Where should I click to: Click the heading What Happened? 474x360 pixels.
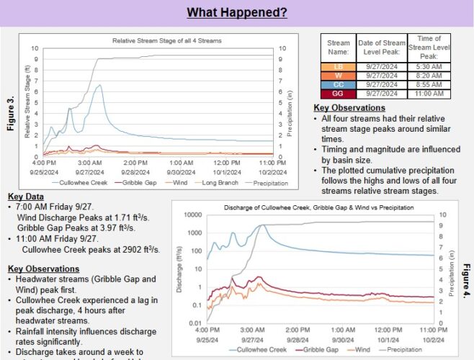pyautogui.click(x=237, y=12)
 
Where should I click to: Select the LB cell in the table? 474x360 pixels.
pyautogui.click(x=339, y=66)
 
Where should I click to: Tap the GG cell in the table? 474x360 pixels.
pyautogui.click(x=339, y=94)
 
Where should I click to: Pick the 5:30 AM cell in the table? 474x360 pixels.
pyautogui.click(x=429, y=66)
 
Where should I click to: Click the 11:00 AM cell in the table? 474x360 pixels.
pyautogui.click(x=429, y=94)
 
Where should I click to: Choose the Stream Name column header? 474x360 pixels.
pyautogui.click(x=339, y=47)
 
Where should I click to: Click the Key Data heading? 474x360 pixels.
pyautogui.click(x=26, y=197)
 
